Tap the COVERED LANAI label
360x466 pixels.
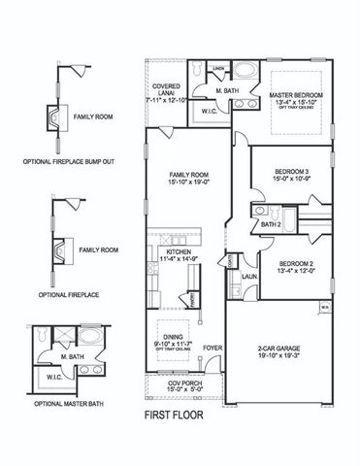163,89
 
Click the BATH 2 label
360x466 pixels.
273,224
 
